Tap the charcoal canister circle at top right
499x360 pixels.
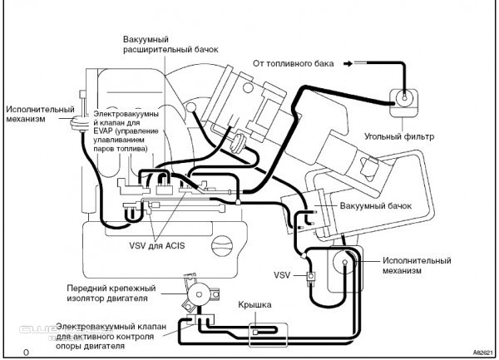click(x=404, y=97)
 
